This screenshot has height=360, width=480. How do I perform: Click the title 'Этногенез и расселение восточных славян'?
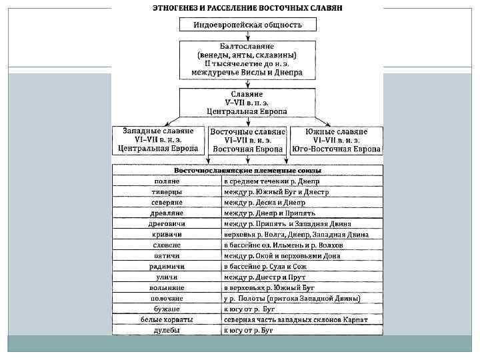tap(248, 9)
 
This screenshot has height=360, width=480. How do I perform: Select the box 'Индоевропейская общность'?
tap(247, 25)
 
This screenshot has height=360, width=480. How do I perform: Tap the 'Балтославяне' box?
tap(247, 59)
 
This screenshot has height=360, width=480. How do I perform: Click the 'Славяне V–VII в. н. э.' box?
tap(247, 104)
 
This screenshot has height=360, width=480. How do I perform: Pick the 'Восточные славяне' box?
tap(247, 141)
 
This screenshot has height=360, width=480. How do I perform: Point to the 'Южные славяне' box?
tap(337, 140)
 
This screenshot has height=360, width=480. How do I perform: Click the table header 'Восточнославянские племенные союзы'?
tap(247, 171)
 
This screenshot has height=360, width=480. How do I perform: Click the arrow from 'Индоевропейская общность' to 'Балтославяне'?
tap(247, 36)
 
